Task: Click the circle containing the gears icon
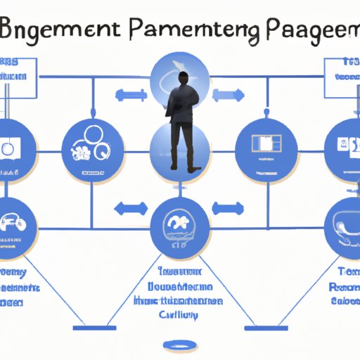tap(94, 149)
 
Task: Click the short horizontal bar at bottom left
tap(96, 328)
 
